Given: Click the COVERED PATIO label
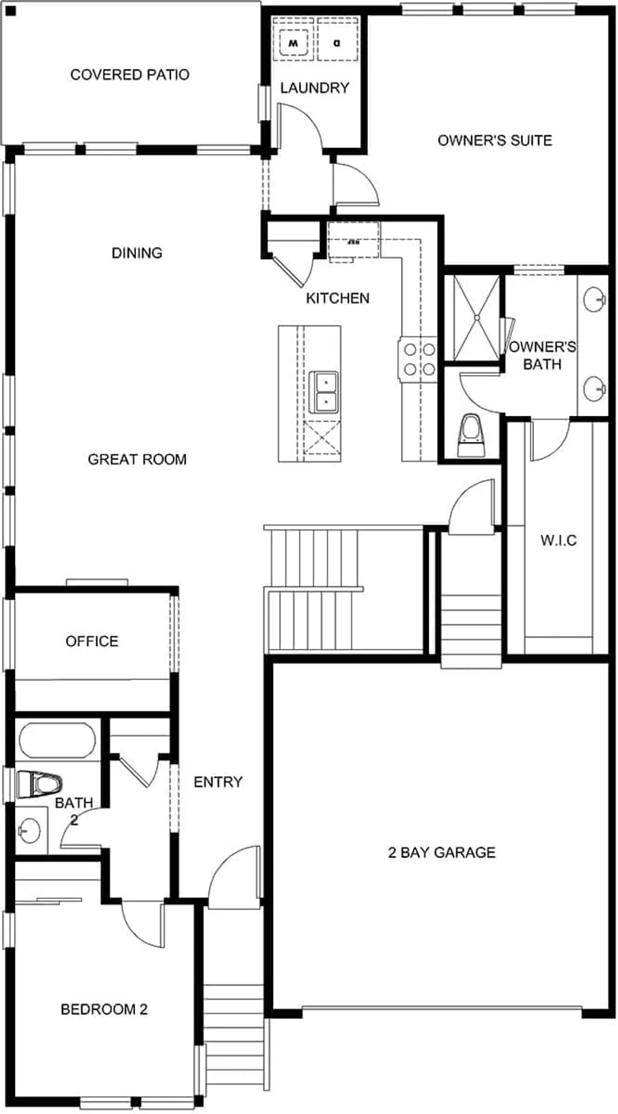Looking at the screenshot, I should point(129,75).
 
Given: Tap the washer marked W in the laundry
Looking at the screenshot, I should point(293,44).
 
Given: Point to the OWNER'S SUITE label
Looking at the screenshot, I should point(494,140).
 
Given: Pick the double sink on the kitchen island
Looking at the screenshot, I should point(325,392).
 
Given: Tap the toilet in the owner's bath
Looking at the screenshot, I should point(471,433).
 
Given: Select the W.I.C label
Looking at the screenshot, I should point(558,540).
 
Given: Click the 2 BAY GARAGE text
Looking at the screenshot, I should point(441,853).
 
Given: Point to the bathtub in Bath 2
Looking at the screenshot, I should point(57,741).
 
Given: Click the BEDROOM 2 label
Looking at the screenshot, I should point(104,1010).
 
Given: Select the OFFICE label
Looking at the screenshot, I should point(92,641).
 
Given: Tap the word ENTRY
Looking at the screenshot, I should point(218,782).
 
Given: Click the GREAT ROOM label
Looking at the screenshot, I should point(137,459).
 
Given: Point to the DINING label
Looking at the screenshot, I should point(137,253).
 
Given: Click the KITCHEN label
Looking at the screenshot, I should point(338,298).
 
